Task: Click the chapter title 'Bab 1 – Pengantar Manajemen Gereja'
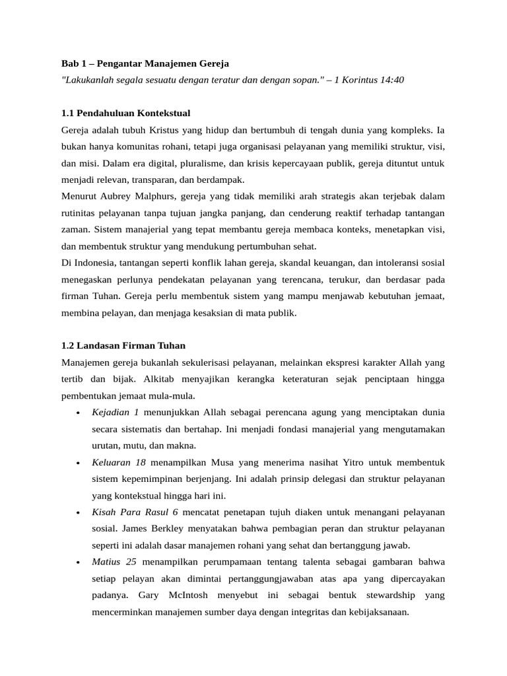145,63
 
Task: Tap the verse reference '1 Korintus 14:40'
369,80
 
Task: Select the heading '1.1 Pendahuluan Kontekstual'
125,113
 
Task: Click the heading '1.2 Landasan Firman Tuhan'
123,345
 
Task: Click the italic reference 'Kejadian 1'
116,412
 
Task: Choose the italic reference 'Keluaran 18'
119,462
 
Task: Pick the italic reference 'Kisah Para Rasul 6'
135,512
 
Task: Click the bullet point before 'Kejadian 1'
78,413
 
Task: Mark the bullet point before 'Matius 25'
78,563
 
